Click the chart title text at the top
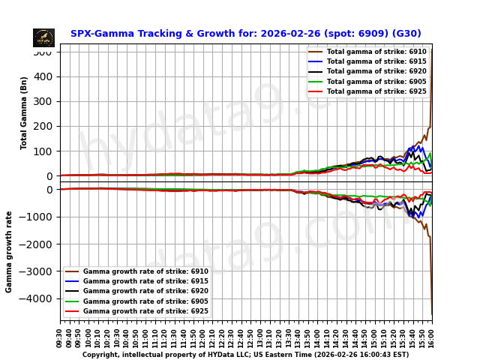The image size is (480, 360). click(x=245, y=34)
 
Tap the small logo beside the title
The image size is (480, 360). click(x=43, y=37)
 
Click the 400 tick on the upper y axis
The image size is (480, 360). click(x=43, y=76)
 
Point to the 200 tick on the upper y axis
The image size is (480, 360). click(x=43, y=126)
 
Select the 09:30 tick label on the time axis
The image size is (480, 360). click(x=60, y=337)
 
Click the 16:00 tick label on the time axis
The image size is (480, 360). click(x=431, y=337)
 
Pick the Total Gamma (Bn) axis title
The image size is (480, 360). click(x=24, y=112)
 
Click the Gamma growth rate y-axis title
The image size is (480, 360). click(x=10, y=251)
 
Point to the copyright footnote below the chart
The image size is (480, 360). click(x=245, y=355)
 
